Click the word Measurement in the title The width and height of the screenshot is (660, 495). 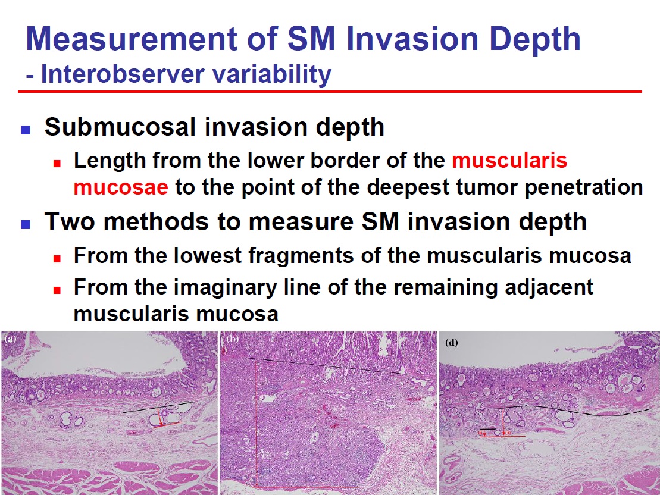[132, 38]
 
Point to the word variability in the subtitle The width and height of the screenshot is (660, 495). [272, 75]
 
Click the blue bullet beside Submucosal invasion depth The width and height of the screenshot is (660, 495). [25, 130]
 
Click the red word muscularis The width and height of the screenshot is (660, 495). [510, 161]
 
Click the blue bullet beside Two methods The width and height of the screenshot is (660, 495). [25, 224]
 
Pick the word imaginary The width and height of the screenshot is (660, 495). [226, 288]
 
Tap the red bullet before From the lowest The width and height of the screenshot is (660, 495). [57, 258]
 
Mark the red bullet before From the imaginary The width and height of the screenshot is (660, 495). [57, 290]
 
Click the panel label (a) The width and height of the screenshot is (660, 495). [10, 338]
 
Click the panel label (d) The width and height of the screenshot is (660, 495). [452, 343]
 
